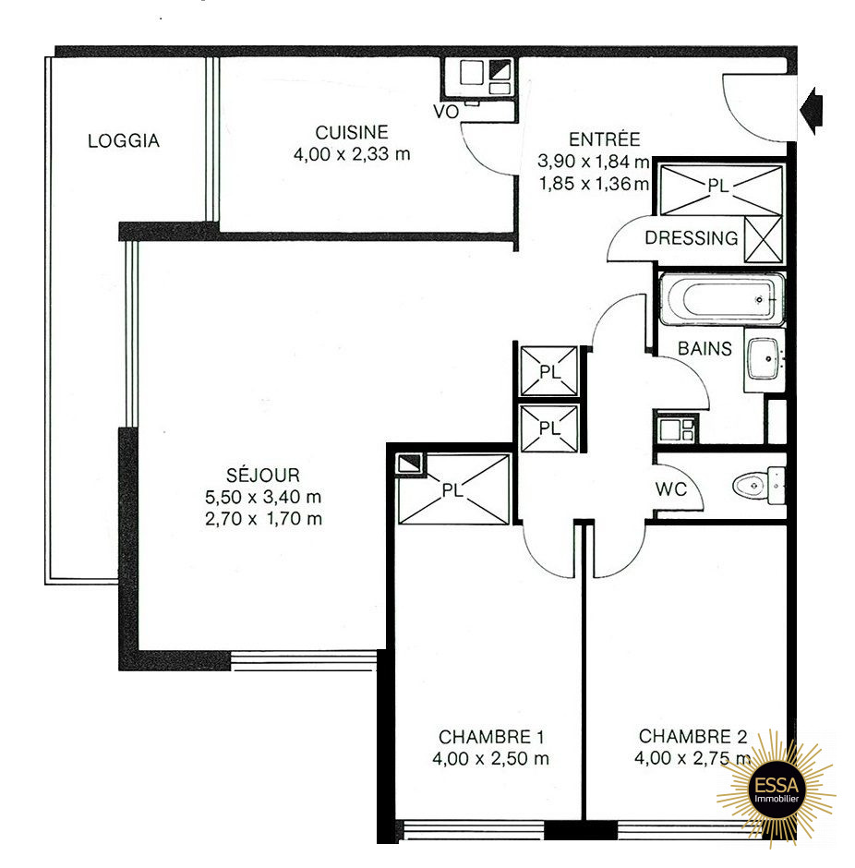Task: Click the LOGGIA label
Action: (124, 140)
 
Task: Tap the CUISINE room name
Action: (352, 132)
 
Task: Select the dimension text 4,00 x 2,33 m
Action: (352, 154)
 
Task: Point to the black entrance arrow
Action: (812, 111)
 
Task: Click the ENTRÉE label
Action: (604, 139)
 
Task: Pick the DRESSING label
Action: (692, 238)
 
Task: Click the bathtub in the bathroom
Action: (722, 299)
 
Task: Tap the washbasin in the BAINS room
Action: (765, 360)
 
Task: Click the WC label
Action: (670, 488)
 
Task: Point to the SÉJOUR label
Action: (263, 475)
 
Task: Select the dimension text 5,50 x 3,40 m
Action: (263, 497)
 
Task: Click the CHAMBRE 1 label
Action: (491, 737)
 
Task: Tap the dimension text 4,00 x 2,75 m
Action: (692, 758)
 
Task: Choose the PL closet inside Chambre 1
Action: (453, 489)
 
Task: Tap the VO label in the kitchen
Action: (445, 112)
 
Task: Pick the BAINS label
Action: (704, 349)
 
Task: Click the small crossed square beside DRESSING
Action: (764, 239)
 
